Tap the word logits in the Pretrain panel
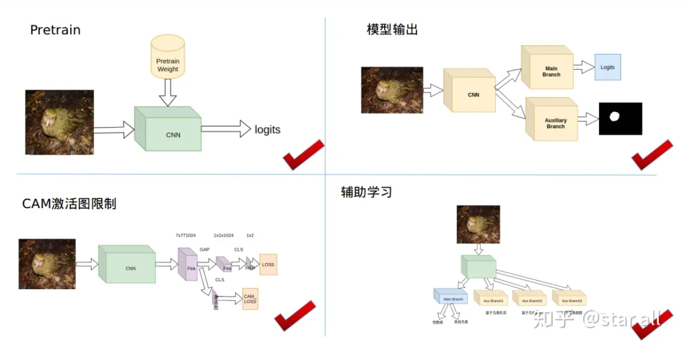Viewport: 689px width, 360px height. click(x=267, y=129)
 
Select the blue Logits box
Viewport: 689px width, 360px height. click(x=607, y=67)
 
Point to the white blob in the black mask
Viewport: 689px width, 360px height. click(x=614, y=117)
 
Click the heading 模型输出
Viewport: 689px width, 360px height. click(x=392, y=29)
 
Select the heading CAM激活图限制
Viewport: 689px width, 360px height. click(x=69, y=204)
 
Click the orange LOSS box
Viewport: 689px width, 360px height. click(x=268, y=265)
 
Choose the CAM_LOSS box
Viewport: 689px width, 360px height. click(x=250, y=299)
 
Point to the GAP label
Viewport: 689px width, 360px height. click(x=205, y=249)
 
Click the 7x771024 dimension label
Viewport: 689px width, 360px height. click(x=185, y=235)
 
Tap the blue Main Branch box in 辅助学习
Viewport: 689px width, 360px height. click(x=452, y=297)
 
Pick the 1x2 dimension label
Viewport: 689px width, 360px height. click(x=250, y=235)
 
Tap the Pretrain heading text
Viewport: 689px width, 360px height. click(x=56, y=30)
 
